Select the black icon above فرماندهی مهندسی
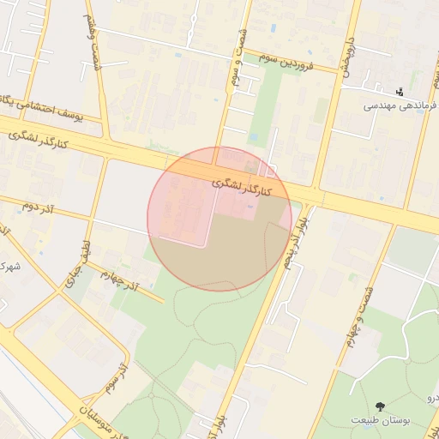(401, 92)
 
